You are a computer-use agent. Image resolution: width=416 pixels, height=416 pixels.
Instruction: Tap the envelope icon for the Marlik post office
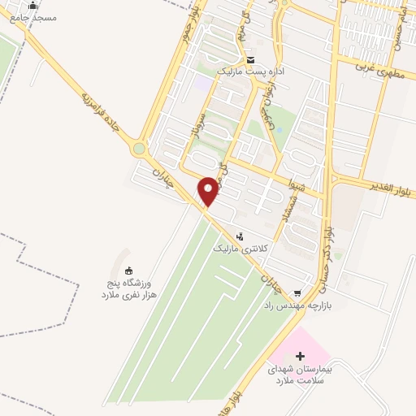coord(250,61)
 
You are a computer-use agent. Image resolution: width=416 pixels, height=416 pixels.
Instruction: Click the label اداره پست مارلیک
coord(250,72)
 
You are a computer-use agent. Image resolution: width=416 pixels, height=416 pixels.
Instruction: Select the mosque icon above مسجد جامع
coord(32,6)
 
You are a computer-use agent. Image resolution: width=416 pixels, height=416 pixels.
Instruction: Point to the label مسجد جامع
coord(32,18)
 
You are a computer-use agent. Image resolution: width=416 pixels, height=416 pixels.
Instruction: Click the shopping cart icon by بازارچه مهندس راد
coord(297,292)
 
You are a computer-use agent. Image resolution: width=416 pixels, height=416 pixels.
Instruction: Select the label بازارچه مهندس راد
coord(297,305)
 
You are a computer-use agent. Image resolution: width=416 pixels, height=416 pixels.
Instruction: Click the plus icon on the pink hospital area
coord(300,356)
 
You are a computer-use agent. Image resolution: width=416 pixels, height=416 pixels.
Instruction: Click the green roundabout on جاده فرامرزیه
coord(139,149)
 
